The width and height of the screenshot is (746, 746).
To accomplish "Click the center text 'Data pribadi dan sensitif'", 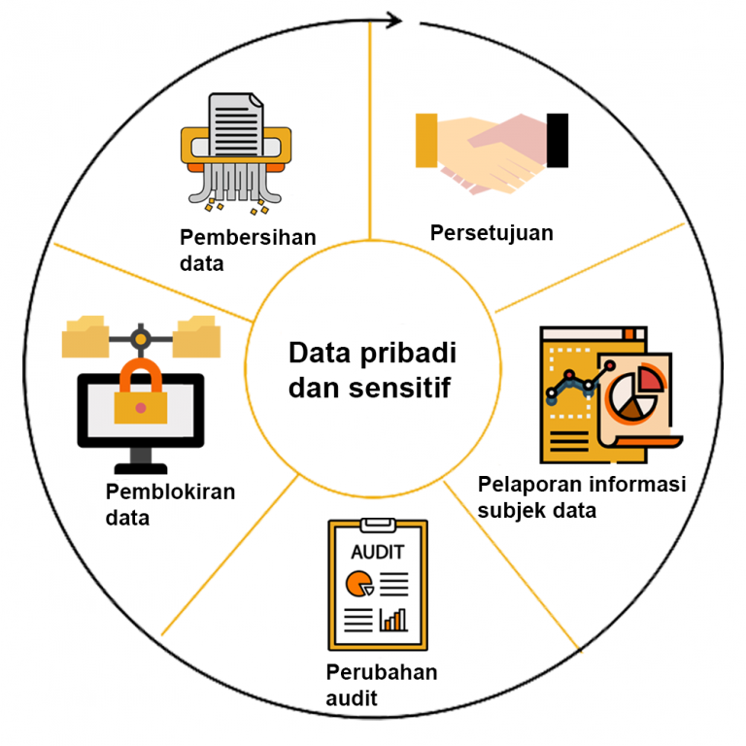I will click(374, 369).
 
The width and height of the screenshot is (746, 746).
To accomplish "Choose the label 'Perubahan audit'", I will click(381, 684).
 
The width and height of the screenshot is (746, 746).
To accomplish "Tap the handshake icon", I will click(491, 151).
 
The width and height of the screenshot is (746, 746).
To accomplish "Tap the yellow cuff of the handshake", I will click(426, 139).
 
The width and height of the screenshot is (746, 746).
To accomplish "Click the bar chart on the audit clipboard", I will click(393, 618).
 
